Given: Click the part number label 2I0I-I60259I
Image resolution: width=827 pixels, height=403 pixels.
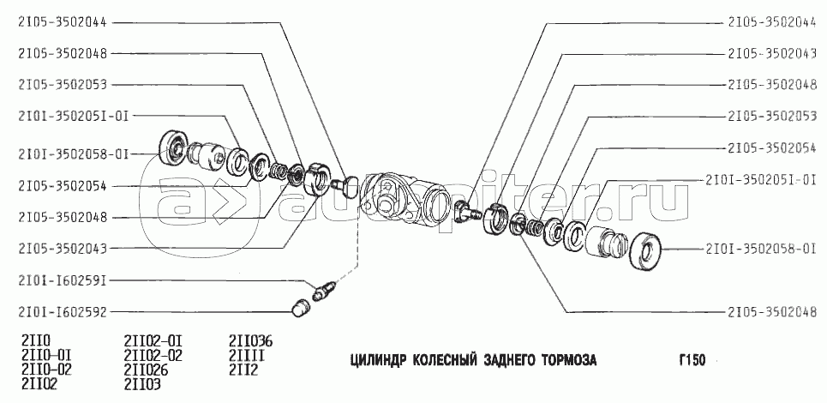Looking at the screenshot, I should click(66, 280).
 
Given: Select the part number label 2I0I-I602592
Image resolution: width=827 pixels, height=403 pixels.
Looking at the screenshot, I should click(66, 312).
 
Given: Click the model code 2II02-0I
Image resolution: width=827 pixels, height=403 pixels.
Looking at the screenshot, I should click(153, 340).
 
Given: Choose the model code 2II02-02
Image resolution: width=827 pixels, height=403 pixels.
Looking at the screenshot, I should click(153, 353).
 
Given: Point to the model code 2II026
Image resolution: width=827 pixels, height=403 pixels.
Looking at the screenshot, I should click(146, 370).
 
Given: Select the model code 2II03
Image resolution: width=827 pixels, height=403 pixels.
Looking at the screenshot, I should click(141, 383).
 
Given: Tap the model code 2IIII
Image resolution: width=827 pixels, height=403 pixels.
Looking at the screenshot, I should click(247, 353).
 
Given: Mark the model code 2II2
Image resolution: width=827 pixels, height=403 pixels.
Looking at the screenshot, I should click(243, 370).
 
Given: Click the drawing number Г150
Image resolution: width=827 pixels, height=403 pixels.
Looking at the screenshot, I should click(692, 359).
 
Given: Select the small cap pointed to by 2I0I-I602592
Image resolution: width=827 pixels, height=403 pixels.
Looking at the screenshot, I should click(300, 308).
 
